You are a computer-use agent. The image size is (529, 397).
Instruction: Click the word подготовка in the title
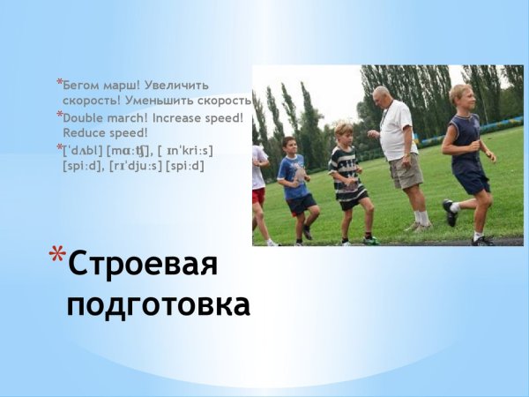pos(159,304)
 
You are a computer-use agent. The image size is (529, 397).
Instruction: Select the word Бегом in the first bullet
pos(83,86)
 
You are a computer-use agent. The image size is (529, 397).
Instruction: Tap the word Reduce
pos(84,132)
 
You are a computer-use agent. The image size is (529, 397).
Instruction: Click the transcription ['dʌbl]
pos(83,149)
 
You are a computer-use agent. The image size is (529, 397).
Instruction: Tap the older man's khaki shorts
pos(406,169)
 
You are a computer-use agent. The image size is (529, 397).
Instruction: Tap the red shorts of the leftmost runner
pos(258,196)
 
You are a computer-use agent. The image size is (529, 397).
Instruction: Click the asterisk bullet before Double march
pos(59,116)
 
